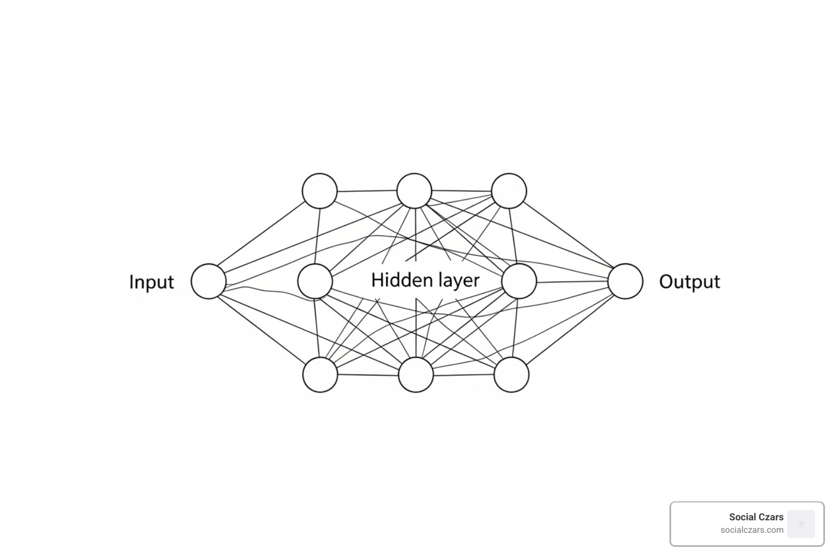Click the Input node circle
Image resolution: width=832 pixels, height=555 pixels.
(209, 281)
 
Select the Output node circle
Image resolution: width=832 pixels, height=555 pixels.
(625, 281)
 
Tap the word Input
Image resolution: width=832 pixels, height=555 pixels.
(151, 282)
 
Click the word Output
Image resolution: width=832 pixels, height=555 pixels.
(689, 282)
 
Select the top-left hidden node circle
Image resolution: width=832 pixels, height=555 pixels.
(320, 191)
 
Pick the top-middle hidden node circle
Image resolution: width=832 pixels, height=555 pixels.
(414, 191)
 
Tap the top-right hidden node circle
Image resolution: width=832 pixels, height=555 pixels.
(509, 191)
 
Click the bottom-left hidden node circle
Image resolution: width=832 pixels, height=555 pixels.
(320, 375)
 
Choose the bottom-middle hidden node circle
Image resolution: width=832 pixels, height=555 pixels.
(416, 375)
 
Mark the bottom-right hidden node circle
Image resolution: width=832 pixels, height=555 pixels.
(511, 375)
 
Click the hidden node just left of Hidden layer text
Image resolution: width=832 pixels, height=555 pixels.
(315, 281)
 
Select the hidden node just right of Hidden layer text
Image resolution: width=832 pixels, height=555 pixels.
(519, 281)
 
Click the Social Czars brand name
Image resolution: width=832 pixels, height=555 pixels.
(756, 517)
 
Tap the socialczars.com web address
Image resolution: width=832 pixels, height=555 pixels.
(752, 530)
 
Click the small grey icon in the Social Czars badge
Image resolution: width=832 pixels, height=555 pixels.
(801, 524)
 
